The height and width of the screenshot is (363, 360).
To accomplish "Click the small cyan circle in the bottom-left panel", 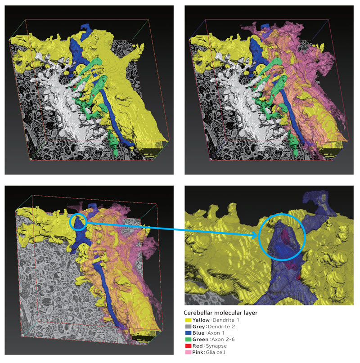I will [x=78, y=222].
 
